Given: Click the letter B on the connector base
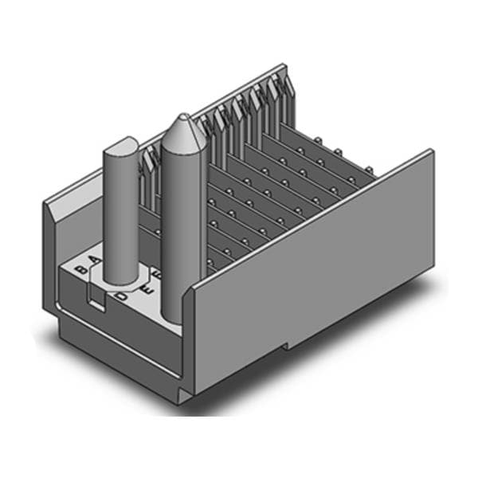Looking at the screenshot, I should click(80, 269).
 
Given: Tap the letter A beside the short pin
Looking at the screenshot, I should click(95, 261).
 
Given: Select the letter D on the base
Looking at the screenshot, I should click(121, 296).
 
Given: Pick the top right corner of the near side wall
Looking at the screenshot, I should click(431, 151).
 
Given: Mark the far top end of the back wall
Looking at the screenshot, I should click(280, 67).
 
